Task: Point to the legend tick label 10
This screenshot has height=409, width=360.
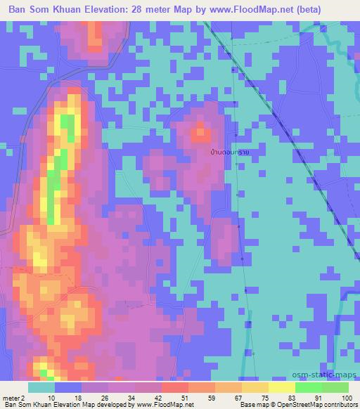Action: tap(51, 397)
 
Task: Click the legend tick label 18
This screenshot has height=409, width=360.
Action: tap(78, 397)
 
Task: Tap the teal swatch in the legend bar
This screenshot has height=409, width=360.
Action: tap(41, 387)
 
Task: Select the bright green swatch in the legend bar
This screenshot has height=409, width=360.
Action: tap(308, 387)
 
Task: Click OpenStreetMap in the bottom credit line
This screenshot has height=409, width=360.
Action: tap(318, 405)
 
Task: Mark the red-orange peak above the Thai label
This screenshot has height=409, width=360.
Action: tap(201, 131)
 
